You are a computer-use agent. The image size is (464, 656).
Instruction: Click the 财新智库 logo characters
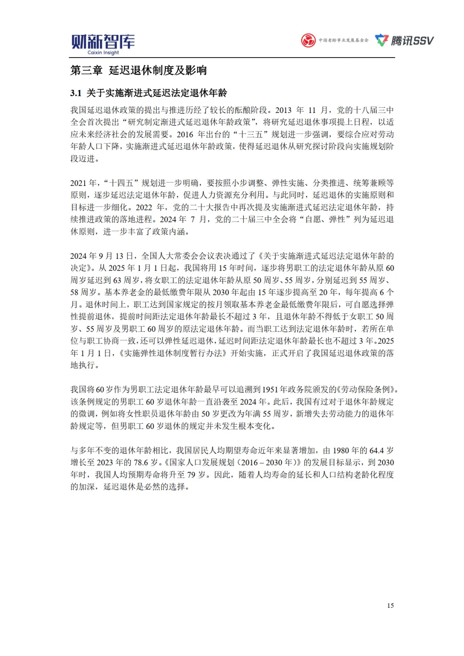(103, 41)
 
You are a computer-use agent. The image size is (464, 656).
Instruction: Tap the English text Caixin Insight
(103, 53)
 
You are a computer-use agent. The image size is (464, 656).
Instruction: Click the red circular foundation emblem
(308, 41)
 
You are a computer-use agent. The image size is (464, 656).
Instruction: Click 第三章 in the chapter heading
(86, 70)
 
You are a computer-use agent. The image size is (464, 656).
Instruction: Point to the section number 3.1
(76, 93)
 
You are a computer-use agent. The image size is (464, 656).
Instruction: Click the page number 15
(390, 605)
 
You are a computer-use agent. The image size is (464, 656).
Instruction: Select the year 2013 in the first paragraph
(284, 110)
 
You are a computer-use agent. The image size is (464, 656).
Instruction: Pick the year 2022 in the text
(144, 207)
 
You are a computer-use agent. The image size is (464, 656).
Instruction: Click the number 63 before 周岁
(117, 280)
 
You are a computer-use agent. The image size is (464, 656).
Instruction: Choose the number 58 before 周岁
(75, 292)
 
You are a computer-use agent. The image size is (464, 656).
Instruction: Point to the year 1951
(270, 389)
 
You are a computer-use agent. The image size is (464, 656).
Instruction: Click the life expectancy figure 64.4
(376, 450)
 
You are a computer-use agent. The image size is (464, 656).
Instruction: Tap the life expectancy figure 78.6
(140, 462)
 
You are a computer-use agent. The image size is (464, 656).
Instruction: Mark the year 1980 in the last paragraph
(341, 450)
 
